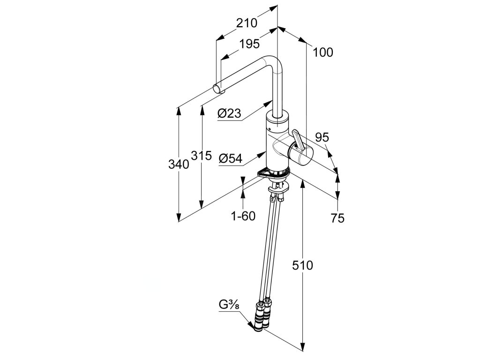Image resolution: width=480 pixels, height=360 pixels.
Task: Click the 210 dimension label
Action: point(247,22)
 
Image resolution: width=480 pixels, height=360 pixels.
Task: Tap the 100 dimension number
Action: point(323,52)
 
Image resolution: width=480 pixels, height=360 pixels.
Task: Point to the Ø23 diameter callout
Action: point(229,113)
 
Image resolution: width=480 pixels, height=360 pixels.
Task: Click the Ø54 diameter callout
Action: point(230,159)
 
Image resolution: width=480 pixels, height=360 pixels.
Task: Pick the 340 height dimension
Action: point(179,164)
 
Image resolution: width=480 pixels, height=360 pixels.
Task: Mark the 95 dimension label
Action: point(322,137)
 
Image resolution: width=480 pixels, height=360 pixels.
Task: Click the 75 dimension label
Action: point(337,217)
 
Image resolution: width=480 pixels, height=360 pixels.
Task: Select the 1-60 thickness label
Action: point(243,216)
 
